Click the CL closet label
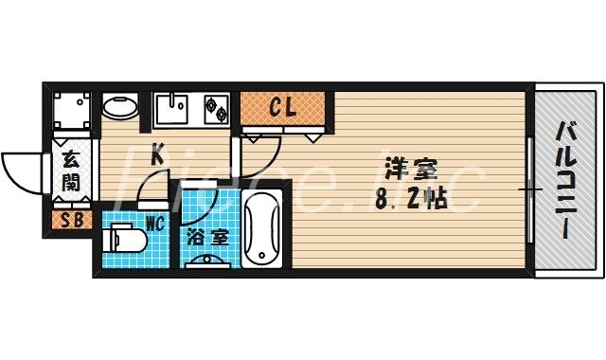point(283,107)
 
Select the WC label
point(155,225)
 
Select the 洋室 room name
point(409,171)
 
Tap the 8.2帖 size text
point(409,201)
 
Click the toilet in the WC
point(124,240)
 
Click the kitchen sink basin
point(171,111)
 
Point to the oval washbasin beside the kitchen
point(119,106)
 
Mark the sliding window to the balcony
point(529,189)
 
